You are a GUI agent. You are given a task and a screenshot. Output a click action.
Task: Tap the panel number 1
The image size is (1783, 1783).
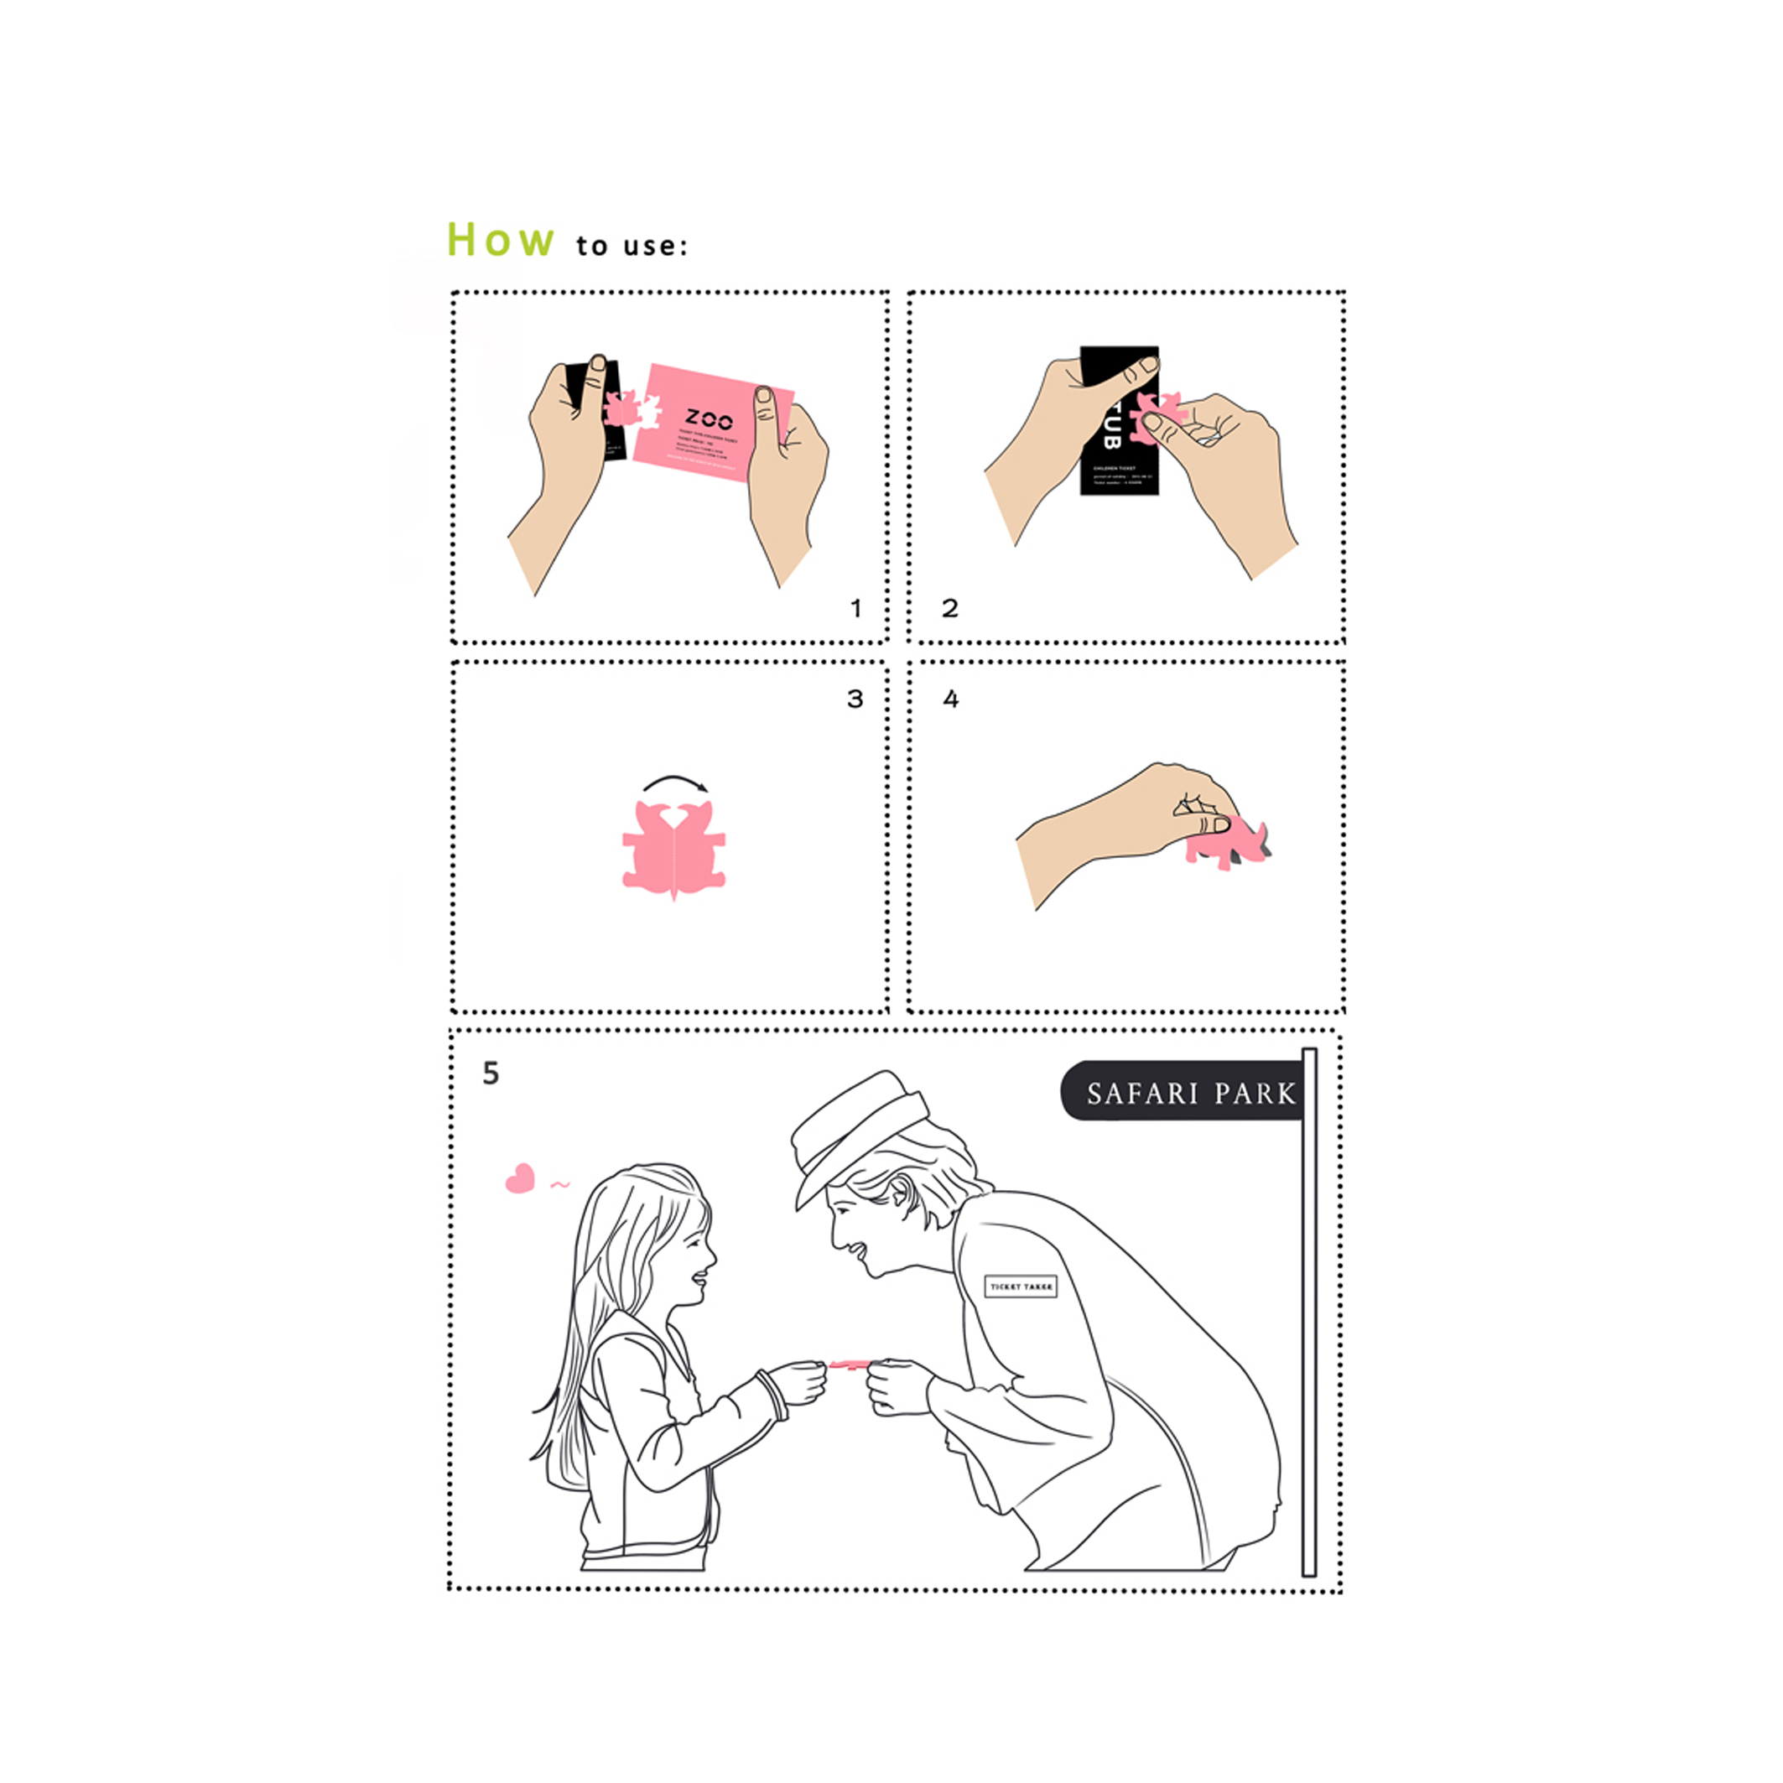point(856,609)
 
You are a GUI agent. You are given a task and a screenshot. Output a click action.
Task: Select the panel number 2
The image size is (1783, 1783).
point(949,608)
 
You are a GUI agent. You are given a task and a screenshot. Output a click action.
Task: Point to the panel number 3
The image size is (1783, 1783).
point(855,699)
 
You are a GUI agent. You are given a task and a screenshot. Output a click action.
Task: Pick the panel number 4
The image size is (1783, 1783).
point(950,699)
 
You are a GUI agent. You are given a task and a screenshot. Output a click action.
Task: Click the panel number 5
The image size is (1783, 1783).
point(491,1073)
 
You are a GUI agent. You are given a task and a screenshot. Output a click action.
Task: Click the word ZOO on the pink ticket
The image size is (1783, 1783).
point(709,420)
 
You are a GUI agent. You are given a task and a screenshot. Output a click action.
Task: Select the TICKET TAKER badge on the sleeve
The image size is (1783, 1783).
point(1021,1287)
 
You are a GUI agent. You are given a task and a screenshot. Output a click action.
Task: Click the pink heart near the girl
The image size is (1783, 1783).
point(521,1178)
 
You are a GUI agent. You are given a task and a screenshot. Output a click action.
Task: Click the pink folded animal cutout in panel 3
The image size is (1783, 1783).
point(673,849)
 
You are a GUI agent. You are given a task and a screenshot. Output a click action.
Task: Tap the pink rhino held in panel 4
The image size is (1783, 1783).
point(1228,845)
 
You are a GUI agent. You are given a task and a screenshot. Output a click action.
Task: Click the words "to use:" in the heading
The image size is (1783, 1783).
point(632,247)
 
